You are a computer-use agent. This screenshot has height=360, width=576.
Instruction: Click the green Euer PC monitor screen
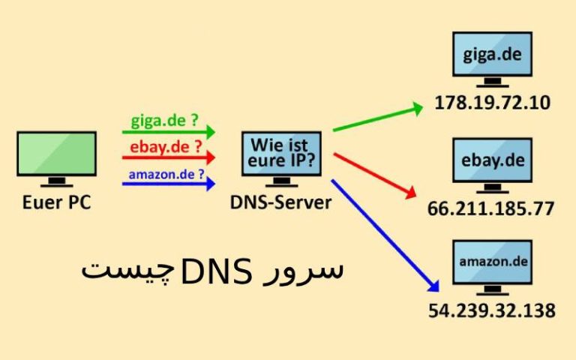(56, 154)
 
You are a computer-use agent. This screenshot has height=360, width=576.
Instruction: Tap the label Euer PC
(56, 202)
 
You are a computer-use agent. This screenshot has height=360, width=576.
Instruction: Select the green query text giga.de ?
(164, 119)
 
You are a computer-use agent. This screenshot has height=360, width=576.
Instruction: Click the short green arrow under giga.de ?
(168, 132)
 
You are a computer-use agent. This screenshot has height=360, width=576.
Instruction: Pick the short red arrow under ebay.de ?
(168, 158)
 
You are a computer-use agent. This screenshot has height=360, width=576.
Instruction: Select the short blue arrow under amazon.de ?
(168, 183)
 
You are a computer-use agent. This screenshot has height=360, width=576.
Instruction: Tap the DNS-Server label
(281, 202)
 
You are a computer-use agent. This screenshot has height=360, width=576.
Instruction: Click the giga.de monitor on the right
(492, 55)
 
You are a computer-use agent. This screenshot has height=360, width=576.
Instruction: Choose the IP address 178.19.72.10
(492, 103)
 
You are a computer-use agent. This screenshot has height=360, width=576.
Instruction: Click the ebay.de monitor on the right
(492, 160)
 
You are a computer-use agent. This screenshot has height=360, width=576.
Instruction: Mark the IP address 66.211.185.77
(492, 208)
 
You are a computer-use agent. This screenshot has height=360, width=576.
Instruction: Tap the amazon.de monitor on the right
(492, 262)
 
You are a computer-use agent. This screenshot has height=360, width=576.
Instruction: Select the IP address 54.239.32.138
(492, 309)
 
